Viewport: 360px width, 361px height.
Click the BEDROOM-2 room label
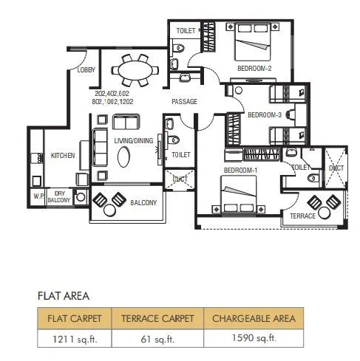click(254, 69)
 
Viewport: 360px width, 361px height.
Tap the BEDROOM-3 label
click(264, 115)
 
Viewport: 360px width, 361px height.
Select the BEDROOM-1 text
click(240, 171)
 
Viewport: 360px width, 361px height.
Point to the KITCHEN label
click(62, 156)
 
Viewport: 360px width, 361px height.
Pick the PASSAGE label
click(184, 102)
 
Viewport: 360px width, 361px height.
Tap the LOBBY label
click(86, 70)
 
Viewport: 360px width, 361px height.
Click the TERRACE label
click(302, 216)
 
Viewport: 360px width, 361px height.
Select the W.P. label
click(38, 196)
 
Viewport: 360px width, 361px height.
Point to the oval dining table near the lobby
click(134, 72)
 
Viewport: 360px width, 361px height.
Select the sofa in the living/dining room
click(100, 148)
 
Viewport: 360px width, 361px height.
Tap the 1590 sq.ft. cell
click(254, 339)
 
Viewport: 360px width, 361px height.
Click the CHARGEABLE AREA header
click(254, 319)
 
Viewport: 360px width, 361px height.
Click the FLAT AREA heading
click(64, 296)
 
